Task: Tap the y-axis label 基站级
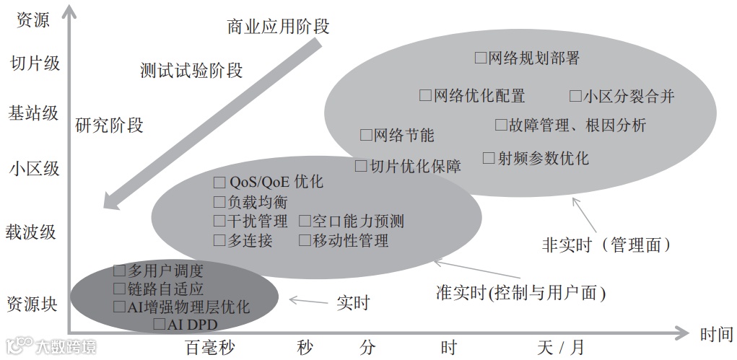click(x=33, y=113)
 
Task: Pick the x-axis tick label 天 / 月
click(x=560, y=347)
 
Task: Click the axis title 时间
click(x=716, y=334)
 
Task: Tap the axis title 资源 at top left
click(x=33, y=20)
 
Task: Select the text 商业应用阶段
click(x=278, y=27)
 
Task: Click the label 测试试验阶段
click(x=191, y=71)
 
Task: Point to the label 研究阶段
click(x=110, y=125)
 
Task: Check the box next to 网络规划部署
click(x=481, y=58)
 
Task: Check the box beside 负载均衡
click(x=220, y=202)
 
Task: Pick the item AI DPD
click(x=192, y=324)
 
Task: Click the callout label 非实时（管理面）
click(x=606, y=245)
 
